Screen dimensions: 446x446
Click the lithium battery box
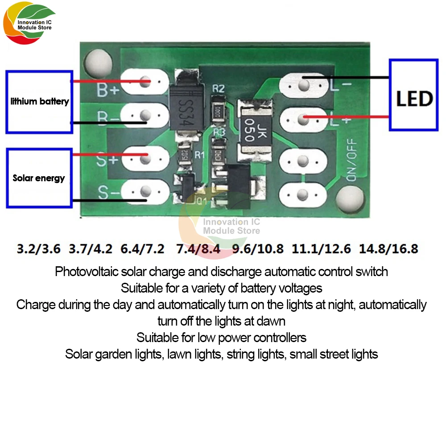click(x=39, y=101)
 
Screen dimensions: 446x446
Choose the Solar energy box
click(x=39, y=178)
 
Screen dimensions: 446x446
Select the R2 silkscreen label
click(x=218, y=88)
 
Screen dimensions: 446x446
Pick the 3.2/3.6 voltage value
click(x=38, y=248)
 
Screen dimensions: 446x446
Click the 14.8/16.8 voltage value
click(x=388, y=248)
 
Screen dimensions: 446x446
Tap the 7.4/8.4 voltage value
click(x=198, y=248)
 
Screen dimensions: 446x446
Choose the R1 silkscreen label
click(x=199, y=156)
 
